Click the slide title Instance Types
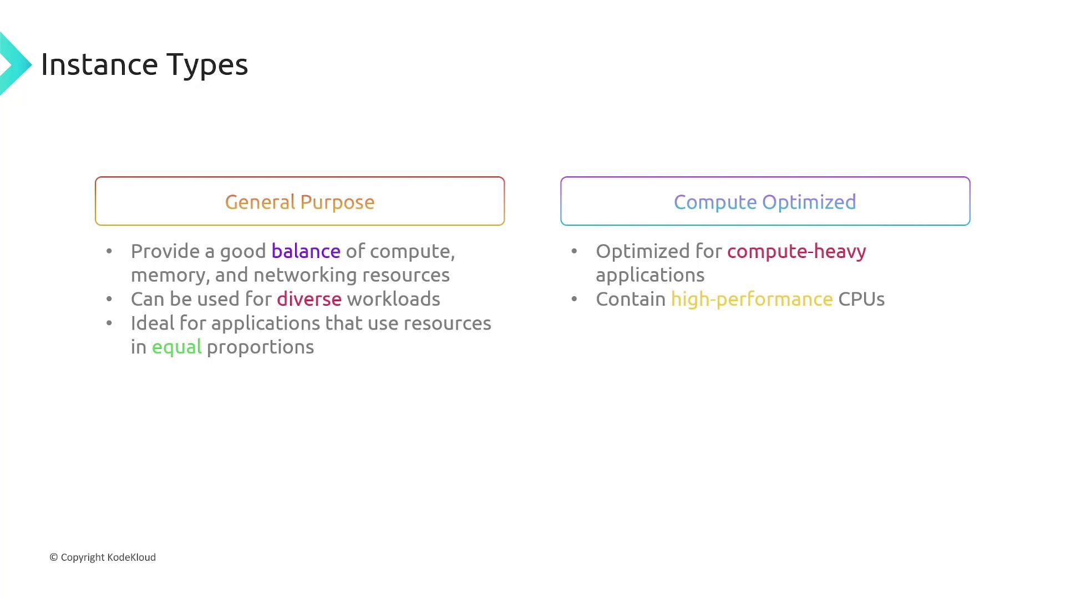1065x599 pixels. coord(144,64)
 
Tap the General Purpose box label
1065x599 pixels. coord(300,202)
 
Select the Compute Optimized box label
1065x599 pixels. coord(765,202)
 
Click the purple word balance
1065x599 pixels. coord(306,251)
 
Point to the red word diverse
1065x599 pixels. coord(309,299)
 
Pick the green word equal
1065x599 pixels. coord(176,347)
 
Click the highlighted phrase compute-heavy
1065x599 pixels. coord(797,251)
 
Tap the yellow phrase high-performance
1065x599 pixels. coord(752,299)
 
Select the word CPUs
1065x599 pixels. coord(861,299)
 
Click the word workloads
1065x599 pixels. coord(393,299)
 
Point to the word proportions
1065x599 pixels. coord(260,347)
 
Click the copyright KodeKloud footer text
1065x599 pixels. coord(103,557)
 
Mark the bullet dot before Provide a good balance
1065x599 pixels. coord(109,252)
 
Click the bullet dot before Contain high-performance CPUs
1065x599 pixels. coord(574,299)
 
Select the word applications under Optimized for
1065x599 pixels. coord(650,276)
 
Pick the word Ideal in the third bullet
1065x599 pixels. coord(148,323)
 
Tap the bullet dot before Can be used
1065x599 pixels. coord(109,299)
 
